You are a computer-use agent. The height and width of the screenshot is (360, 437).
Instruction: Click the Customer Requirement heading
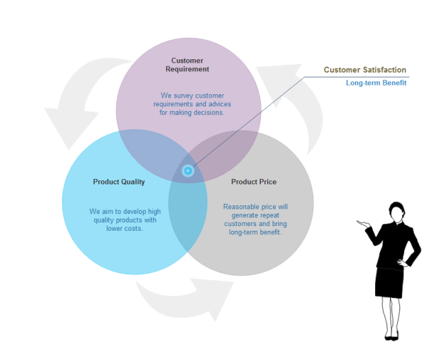pos(188,65)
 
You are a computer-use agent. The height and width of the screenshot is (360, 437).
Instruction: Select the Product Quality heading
pos(119,182)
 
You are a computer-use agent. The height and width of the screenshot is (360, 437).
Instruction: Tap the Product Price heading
pos(253,182)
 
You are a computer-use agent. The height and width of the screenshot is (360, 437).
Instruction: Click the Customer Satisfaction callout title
pos(365,70)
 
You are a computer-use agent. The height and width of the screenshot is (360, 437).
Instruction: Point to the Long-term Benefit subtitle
pos(376,83)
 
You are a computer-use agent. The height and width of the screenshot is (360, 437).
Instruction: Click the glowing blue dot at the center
pos(188,171)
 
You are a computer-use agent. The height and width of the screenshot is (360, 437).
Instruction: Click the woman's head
pos(397,211)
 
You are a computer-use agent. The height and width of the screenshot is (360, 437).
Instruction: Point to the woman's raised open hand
pos(364,224)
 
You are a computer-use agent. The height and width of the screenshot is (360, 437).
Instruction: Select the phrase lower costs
pos(124,229)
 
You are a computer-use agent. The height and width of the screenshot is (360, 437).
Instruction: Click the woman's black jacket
pos(393,246)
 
